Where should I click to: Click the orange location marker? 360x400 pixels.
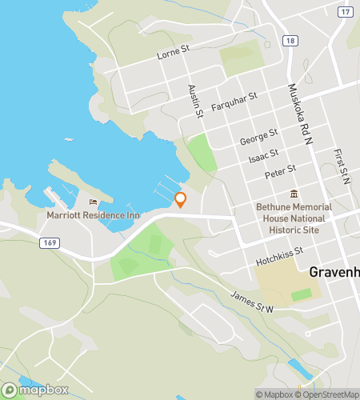click(x=180, y=199)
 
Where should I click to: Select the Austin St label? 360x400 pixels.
click(x=194, y=102)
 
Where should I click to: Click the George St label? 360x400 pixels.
click(x=258, y=136)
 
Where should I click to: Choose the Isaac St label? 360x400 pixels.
click(x=263, y=154)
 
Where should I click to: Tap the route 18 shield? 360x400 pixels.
click(x=290, y=41)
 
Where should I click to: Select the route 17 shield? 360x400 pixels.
click(x=345, y=12)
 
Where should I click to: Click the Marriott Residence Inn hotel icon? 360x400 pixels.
click(x=93, y=202)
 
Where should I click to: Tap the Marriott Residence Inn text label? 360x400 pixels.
click(x=93, y=215)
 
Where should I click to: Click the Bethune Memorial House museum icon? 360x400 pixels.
click(x=294, y=194)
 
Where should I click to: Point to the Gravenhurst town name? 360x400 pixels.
click(x=334, y=272)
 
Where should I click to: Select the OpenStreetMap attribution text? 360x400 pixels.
click(x=328, y=394)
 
